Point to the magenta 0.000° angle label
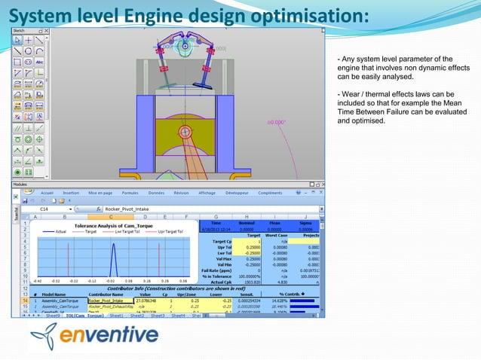tap(276, 123)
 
